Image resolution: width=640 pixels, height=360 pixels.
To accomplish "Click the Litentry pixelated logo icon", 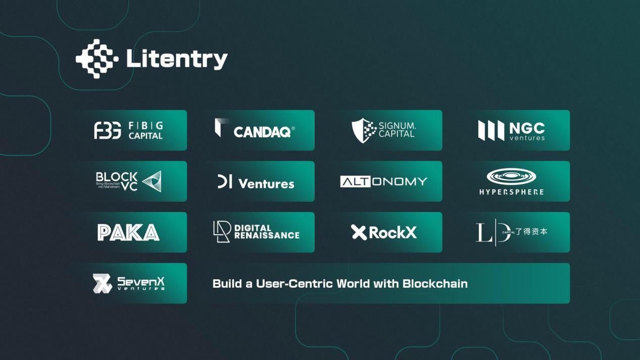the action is click(x=97, y=59).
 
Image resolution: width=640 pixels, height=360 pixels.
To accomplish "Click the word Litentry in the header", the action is click(x=177, y=59).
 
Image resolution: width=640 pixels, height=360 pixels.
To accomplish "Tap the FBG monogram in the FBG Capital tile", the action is click(x=108, y=130).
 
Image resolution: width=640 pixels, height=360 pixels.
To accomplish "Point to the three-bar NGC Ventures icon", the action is click(x=491, y=130).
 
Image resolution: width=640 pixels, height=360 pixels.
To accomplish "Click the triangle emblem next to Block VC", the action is click(x=152, y=181).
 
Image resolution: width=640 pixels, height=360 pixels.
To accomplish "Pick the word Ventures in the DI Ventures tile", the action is click(x=266, y=184).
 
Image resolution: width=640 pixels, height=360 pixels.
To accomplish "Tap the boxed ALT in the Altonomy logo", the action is click(x=356, y=182).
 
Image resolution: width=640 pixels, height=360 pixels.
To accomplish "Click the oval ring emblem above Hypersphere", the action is click(x=511, y=176).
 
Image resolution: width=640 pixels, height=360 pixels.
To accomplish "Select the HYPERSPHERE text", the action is click(x=511, y=192).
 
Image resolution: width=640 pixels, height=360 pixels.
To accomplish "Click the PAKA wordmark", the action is click(x=128, y=232).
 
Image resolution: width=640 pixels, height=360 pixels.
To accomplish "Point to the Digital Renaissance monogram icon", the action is click(x=222, y=232).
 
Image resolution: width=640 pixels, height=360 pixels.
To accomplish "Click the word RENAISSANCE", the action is click(x=267, y=235).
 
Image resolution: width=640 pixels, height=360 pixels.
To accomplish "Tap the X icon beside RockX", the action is click(x=359, y=232).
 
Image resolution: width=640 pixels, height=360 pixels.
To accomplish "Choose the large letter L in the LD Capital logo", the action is click(x=482, y=232).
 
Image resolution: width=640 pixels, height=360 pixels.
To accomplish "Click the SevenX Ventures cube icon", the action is click(x=102, y=283).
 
